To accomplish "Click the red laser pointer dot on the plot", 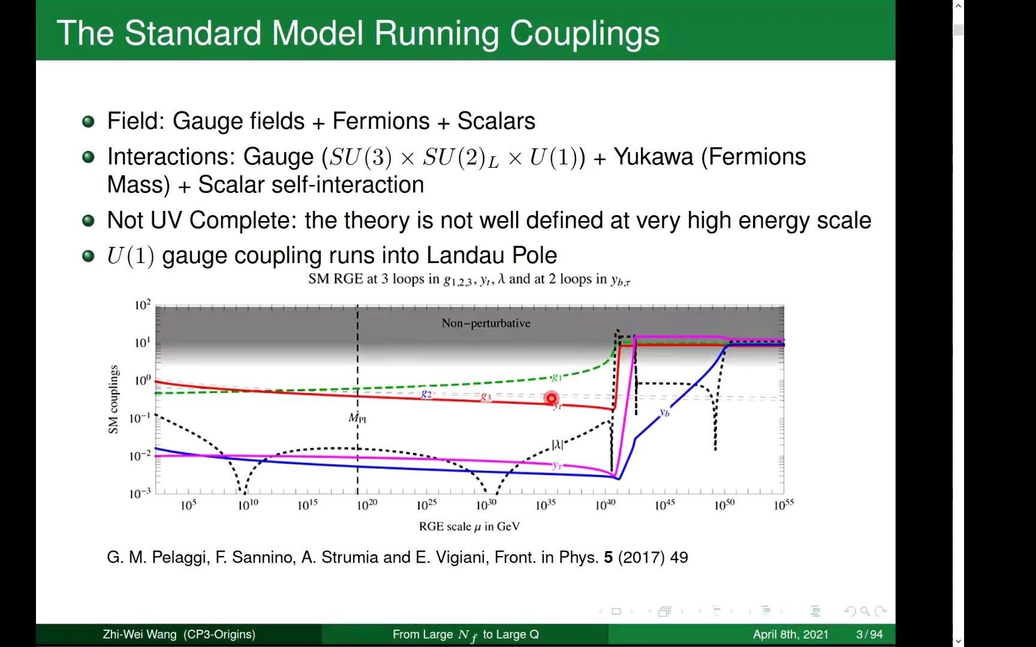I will [551, 398].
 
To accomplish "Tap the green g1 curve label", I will [556, 377].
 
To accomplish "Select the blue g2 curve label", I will [426, 394].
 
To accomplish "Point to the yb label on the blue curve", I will [664, 412].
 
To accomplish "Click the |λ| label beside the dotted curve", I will [557, 445].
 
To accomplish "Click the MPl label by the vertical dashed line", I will [357, 418].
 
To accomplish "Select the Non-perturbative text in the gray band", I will [486, 323].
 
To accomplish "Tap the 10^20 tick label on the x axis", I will [367, 505].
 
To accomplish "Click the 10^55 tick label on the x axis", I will [783, 505].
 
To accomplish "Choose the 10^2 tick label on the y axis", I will [142, 306].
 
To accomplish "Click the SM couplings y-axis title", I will [113, 399].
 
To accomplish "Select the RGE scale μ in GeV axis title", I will [469, 527].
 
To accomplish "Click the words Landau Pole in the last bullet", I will [492, 256].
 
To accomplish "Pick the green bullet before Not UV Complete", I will [88, 221].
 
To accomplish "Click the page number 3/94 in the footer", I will [869, 634].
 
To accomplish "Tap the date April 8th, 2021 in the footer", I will [790, 634].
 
